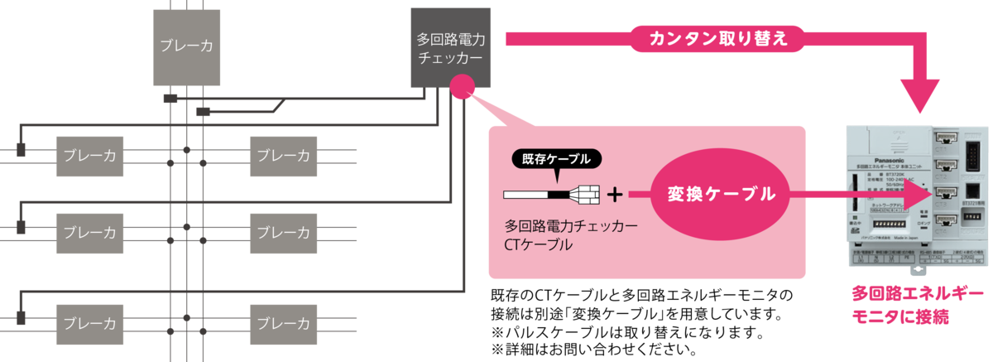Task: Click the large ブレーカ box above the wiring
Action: [x=187, y=47]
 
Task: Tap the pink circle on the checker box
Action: [x=461, y=86]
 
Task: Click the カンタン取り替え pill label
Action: [x=717, y=38]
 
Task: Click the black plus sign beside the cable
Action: [x=615, y=195]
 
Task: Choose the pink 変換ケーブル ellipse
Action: [x=722, y=195]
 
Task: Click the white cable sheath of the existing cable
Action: [x=533, y=195]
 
